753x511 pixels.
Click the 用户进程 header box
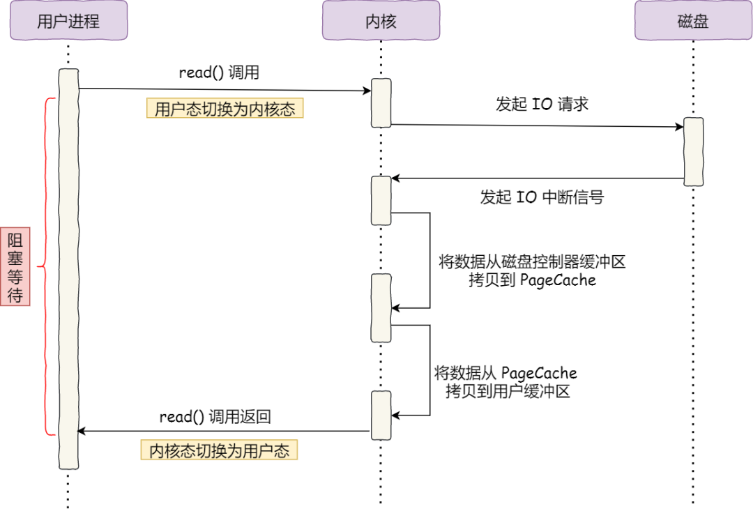[68, 20]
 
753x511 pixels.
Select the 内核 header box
[381, 20]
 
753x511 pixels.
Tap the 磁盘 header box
[693, 20]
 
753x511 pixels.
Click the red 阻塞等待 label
[15, 268]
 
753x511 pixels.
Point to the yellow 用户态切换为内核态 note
[225, 109]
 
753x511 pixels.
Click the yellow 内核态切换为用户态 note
[219, 450]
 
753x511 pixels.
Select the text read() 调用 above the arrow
[219, 73]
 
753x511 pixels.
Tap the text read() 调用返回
[215, 417]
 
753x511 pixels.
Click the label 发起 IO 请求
[542, 105]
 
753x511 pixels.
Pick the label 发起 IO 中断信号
[541, 197]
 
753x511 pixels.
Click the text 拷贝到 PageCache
[533, 280]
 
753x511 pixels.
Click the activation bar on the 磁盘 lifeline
[693, 151]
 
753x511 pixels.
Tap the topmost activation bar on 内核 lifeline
[381, 102]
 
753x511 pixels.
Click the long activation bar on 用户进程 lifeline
[68, 268]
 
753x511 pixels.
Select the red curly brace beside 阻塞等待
[47, 266]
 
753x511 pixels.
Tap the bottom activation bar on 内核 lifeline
[381, 415]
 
